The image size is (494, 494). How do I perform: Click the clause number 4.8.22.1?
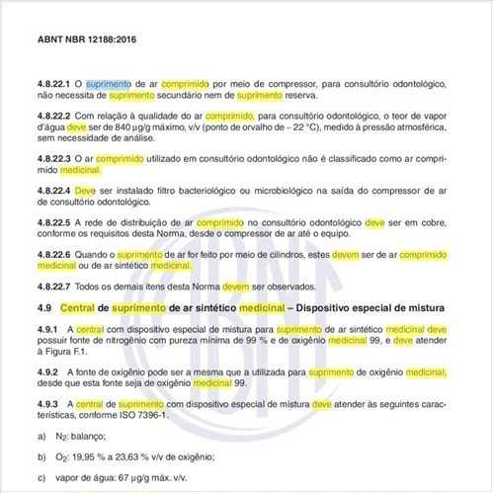click(55, 85)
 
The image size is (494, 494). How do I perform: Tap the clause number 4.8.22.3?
click(55, 158)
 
